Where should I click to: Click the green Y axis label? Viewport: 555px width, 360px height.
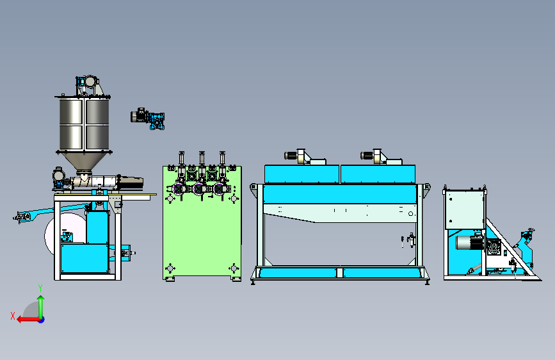[40, 288]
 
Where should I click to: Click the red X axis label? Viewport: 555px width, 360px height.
[13, 316]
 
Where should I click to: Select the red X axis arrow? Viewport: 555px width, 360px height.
[28, 320]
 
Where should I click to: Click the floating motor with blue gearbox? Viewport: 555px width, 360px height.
[148, 119]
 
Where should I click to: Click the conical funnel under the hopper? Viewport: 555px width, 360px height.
[84, 162]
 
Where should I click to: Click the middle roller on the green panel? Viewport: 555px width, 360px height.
[199, 189]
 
